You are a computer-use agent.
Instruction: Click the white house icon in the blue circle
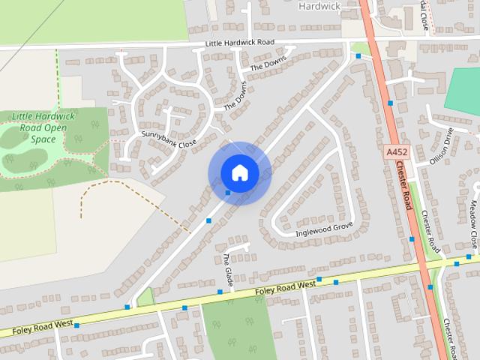239,172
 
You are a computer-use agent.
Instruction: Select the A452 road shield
397,152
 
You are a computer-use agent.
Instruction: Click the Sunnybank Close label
168,139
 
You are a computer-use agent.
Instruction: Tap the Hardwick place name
320,6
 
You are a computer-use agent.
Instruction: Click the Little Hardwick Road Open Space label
43,127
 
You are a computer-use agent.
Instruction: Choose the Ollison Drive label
442,148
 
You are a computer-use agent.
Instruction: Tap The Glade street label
227,269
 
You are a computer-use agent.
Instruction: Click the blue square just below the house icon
228,193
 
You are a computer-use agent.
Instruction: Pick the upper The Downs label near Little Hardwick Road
268,65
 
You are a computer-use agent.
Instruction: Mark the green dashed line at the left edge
57,75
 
